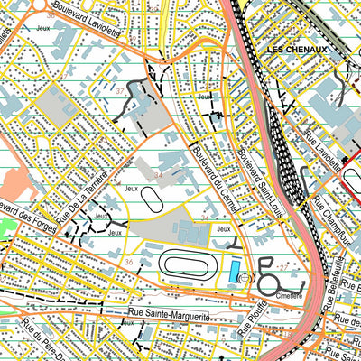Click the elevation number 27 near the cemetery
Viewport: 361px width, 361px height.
click(x=283, y=268)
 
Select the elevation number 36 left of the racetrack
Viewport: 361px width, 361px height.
click(x=129, y=263)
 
